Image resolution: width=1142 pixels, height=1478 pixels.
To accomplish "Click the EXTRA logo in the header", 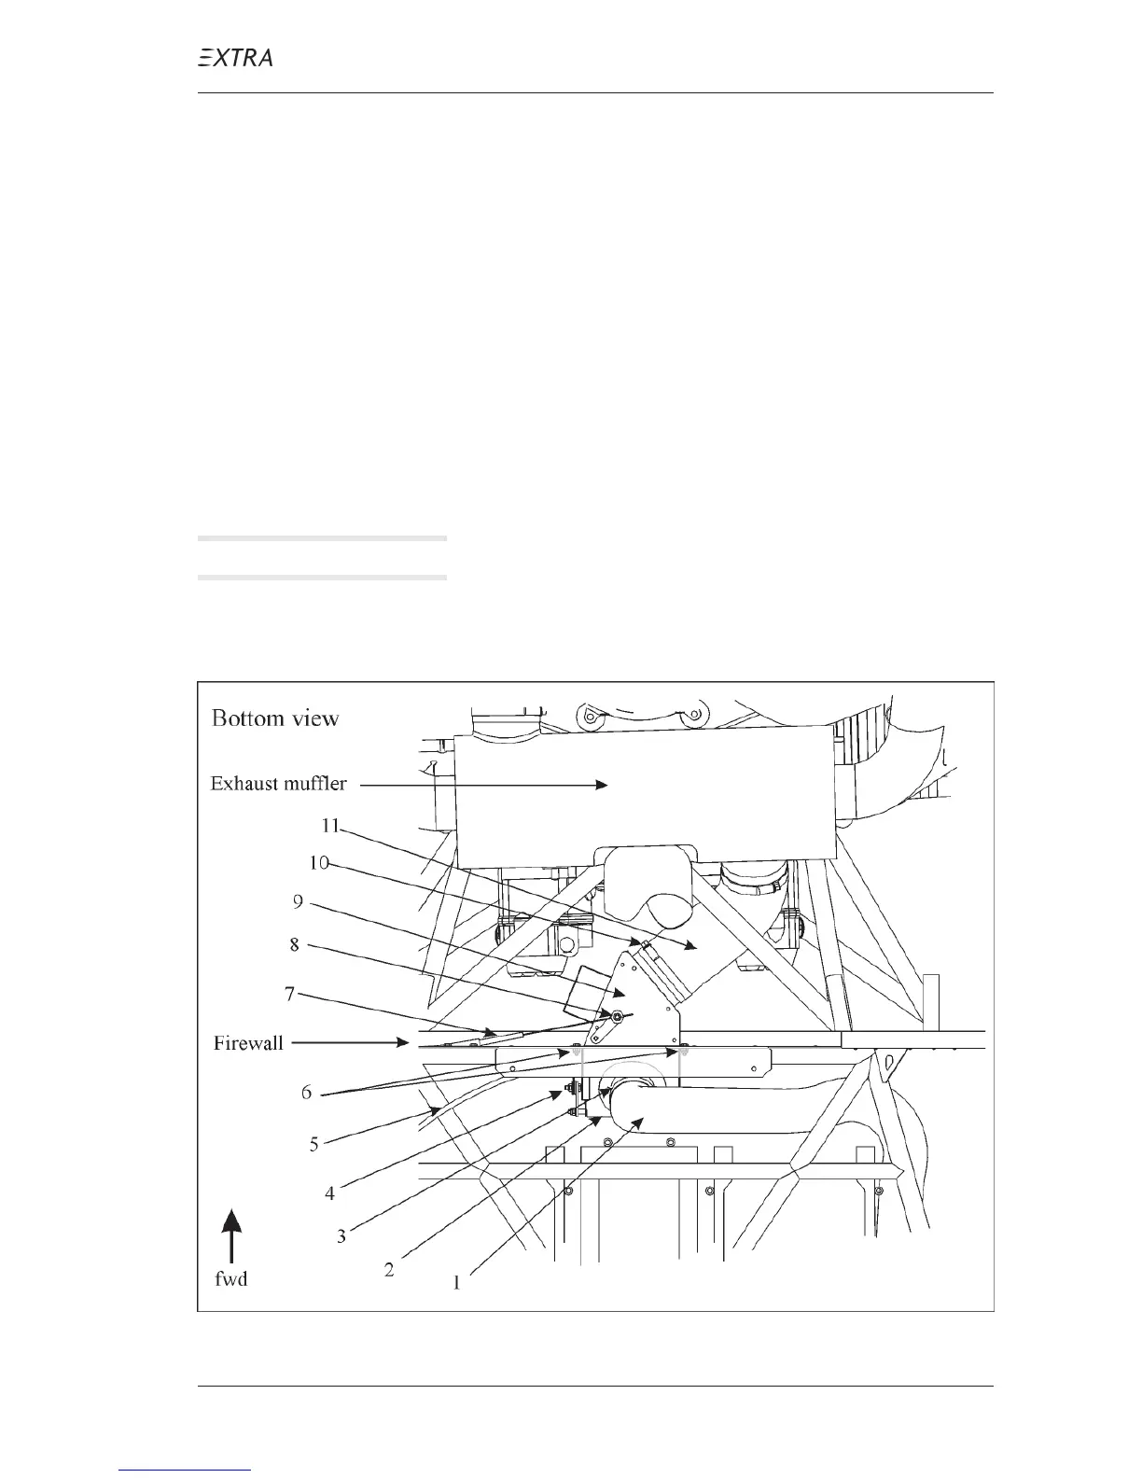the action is (236, 58).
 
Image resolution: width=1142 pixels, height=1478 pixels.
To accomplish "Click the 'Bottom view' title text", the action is (275, 718).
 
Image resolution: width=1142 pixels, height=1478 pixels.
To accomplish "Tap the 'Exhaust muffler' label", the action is (278, 784).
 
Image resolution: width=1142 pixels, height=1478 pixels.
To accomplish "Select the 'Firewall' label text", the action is (248, 1043).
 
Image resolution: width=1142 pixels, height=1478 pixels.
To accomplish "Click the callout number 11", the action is (329, 826).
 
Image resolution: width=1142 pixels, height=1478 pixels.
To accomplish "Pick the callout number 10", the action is (319, 864).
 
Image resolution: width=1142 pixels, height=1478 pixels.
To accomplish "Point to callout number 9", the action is (298, 902).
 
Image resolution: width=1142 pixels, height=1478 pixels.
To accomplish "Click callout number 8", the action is (294, 945).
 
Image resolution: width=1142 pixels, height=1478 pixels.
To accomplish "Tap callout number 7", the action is (289, 995).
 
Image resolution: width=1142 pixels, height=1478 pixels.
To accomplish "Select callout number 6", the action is (306, 1093).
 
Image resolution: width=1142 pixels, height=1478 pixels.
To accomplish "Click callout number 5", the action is (314, 1143).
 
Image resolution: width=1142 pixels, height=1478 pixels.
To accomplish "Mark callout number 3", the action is (341, 1236).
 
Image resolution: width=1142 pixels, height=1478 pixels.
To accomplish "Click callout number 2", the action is (389, 1270).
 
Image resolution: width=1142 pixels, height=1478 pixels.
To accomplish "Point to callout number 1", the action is (456, 1283).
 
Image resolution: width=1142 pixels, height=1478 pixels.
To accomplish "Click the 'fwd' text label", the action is (231, 1279).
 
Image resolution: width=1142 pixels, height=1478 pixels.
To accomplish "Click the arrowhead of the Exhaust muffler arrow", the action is (602, 786).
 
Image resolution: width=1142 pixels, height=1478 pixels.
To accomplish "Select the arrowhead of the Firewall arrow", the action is (402, 1043).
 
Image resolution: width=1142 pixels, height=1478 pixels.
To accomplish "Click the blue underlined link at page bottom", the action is (187, 1471).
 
